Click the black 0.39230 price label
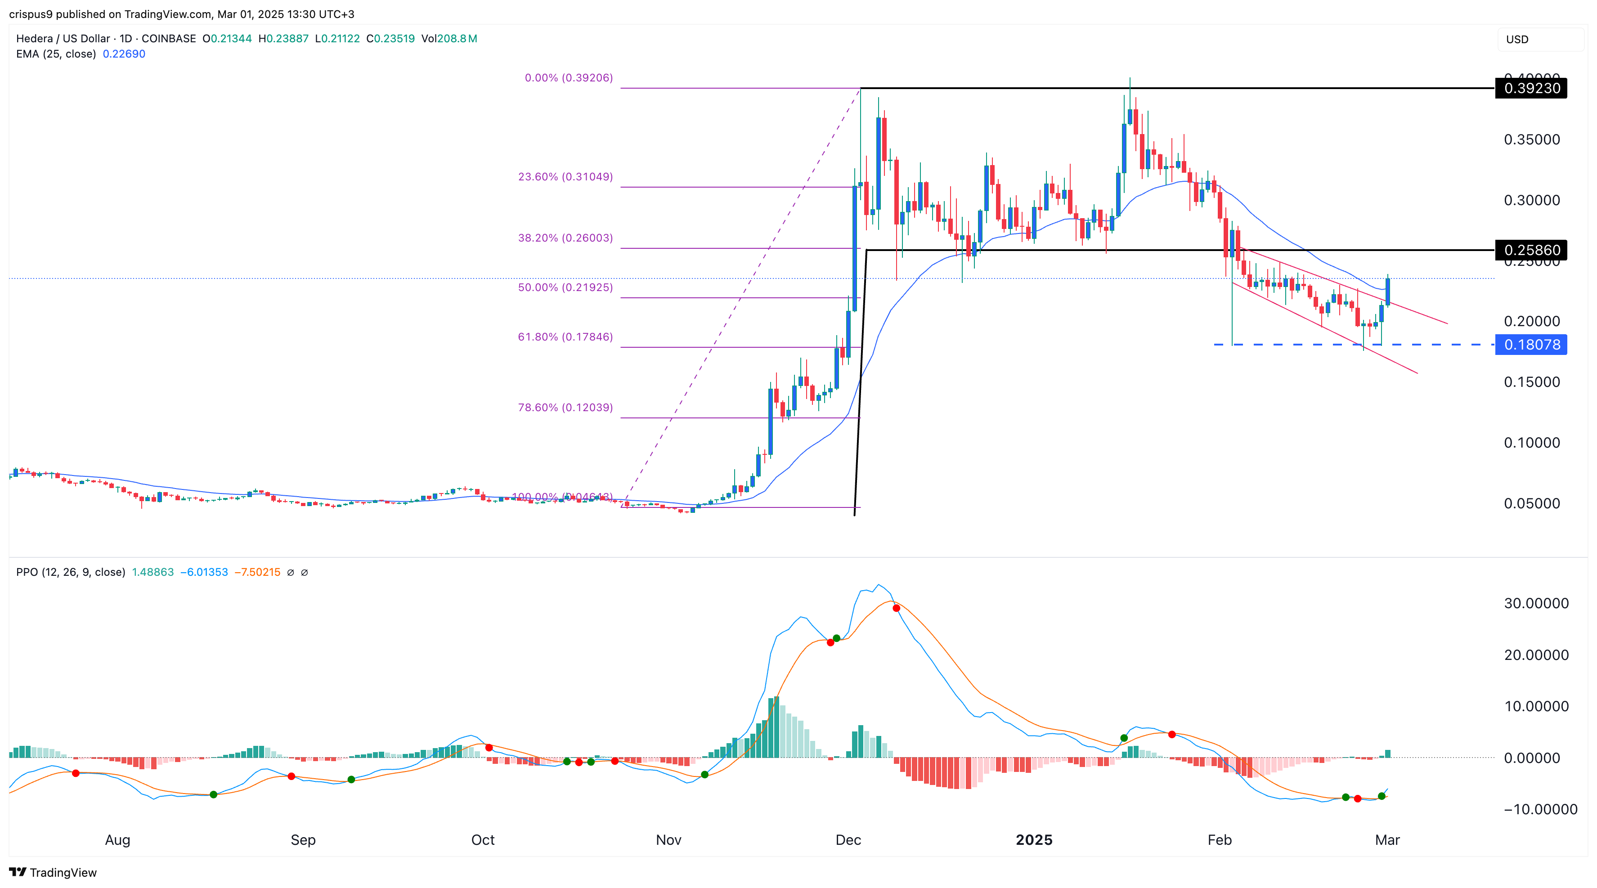point(1531,88)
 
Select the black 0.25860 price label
point(1531,250)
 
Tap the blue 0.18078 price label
point(1531,345)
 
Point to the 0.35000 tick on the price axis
point(1531,139)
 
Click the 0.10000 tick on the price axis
point(1531,443)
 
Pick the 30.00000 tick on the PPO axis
point(1536,603)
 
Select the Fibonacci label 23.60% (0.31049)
point(565,177)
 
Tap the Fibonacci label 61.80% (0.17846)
point(565,337)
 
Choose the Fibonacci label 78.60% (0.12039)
point(565,408)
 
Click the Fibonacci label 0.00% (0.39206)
point(569,77)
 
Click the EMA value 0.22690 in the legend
point(124,54)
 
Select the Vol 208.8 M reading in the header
point(449,38)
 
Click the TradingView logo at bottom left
point(54,873)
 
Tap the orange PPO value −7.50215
point(257,572)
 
